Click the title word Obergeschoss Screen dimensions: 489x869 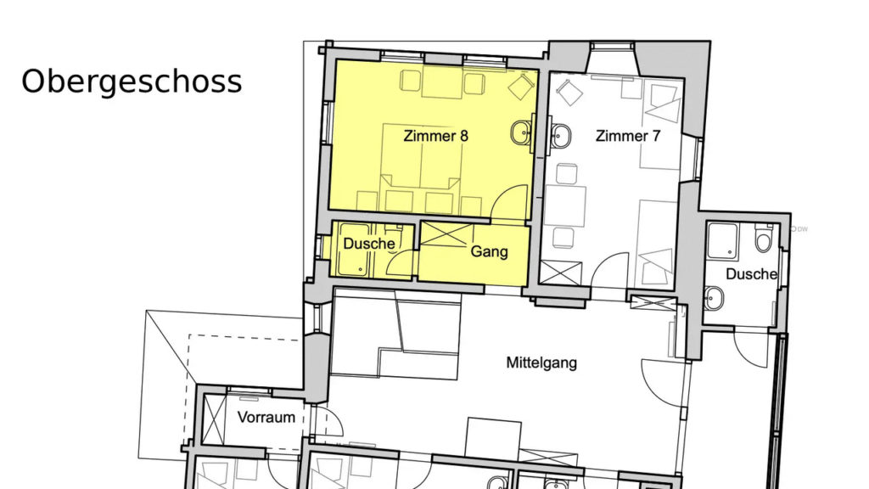132,81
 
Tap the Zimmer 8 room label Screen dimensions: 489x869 436,135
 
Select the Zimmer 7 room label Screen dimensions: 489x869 627,136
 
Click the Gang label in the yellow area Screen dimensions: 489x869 489,252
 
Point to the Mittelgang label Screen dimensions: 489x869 541,363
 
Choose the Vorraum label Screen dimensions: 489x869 266,417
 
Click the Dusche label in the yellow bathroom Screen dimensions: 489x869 369,244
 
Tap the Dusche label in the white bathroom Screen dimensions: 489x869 752,274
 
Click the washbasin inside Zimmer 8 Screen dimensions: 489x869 521,132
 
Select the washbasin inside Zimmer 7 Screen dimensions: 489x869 560,133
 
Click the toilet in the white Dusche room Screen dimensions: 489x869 763,242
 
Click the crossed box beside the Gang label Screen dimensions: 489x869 446,233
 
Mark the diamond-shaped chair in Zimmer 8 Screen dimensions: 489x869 519,87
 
